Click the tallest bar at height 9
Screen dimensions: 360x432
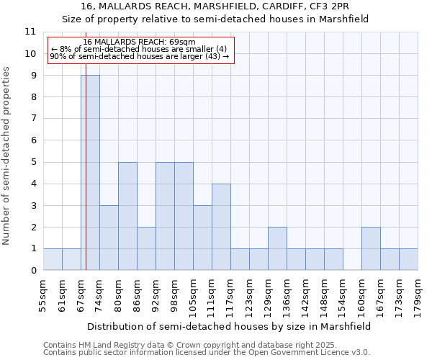(x=90, y=173)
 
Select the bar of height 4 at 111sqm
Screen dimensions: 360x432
(x=221, y=227)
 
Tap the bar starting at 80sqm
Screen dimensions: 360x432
(x=127, y=216)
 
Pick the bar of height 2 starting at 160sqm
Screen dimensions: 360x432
(x=371, y=248)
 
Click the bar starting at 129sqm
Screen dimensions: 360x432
(x=277, y=248)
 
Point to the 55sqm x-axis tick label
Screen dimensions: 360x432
(x=43, y=295)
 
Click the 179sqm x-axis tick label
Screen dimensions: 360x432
(x=418, y=295)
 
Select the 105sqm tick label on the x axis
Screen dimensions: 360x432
(x=193, y=295)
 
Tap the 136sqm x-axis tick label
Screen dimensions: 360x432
(x=287, y=295)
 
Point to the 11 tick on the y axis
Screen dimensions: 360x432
(x=30, y=32)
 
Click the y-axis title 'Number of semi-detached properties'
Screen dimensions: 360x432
(x=7, y=156)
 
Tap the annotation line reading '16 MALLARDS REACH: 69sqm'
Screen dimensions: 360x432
(x=134, y=42)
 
